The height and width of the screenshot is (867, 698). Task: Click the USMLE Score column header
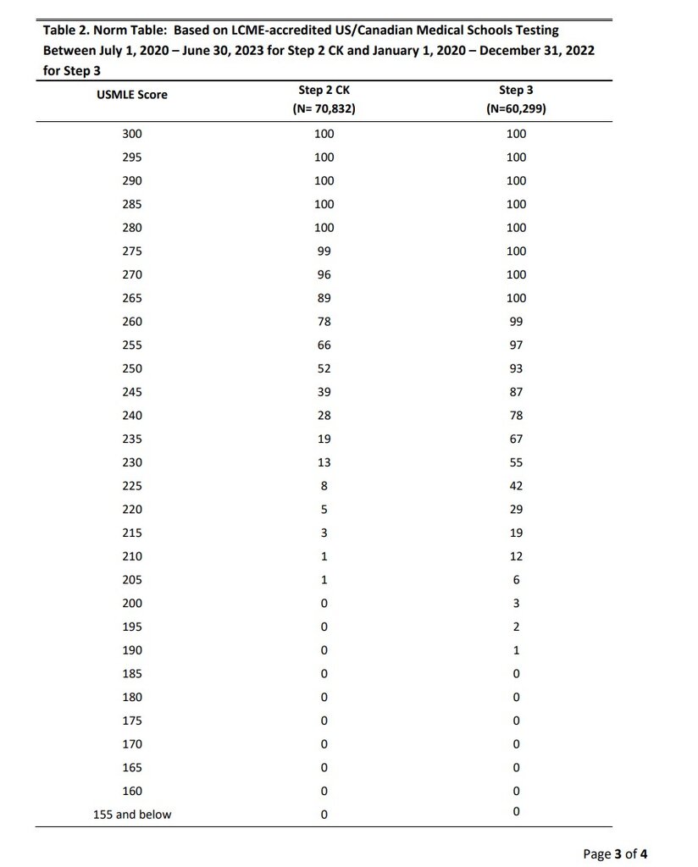132,95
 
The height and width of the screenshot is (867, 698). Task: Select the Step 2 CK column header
324,90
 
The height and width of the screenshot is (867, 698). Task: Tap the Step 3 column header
516,90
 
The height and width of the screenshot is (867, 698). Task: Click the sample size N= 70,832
324,109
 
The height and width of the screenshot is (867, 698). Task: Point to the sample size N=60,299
516,109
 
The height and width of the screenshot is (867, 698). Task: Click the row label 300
132,134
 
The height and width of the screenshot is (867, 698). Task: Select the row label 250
132,368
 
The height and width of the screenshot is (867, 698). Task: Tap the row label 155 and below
132,815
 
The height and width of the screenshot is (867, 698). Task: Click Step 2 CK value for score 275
324,251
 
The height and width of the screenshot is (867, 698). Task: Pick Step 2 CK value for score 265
324,298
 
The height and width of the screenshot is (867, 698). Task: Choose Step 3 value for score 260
516,322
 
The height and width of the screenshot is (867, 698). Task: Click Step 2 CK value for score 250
324,368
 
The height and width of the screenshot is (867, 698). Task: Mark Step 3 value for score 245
516,392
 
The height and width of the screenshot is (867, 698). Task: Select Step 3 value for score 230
516,462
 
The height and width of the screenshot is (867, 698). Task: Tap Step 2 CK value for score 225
324,486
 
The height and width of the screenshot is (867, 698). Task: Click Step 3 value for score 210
516,556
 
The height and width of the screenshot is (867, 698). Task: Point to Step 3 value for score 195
516,627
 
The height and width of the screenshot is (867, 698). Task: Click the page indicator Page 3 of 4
615,853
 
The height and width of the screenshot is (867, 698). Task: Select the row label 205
132,580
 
